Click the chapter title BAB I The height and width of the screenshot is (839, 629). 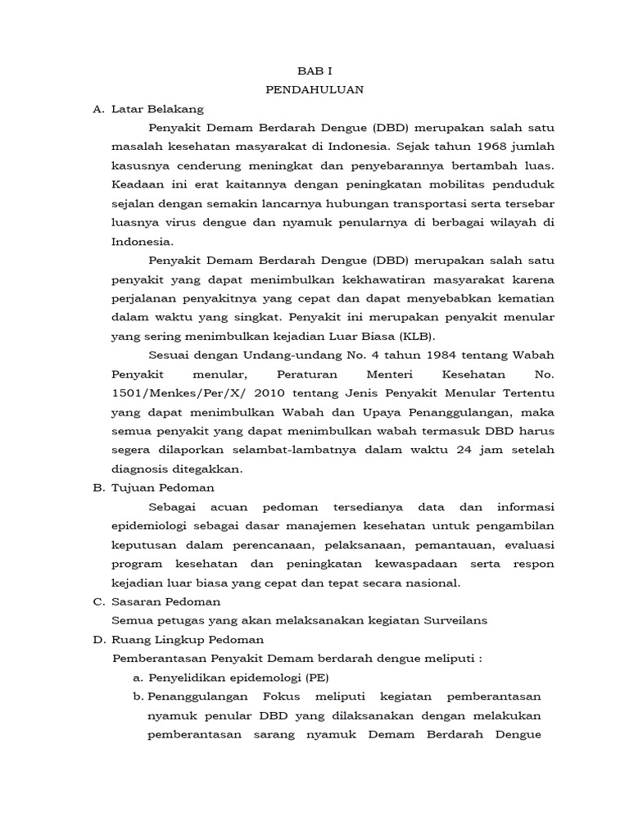point(315,71)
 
